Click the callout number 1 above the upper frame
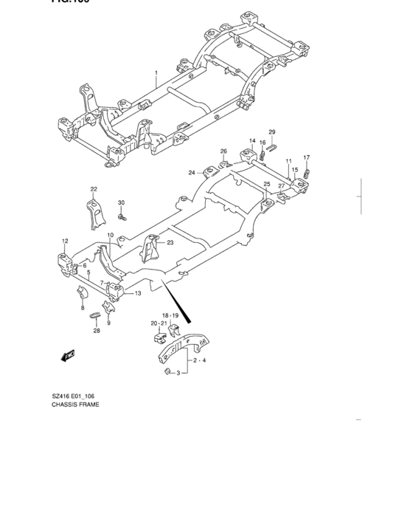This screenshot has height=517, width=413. (x=156, y=73)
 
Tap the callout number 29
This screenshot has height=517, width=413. (x=271, y=132)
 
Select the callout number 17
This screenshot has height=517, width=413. (x=307, y=158)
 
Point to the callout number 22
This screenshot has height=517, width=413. (x=94, y=189)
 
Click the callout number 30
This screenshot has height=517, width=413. (x=122, y=203)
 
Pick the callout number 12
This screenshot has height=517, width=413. (x=65, y=241)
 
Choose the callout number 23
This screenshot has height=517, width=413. (x=170, y=243)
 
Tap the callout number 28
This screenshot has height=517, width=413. (x=97, y=331)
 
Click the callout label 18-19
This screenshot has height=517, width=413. (x=170, y=315)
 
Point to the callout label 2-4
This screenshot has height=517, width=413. (x=199, y=360)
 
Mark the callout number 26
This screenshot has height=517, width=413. (x=223, y=151)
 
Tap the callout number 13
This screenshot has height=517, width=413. (x=136, y=293)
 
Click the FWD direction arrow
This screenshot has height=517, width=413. (x=69, y=356)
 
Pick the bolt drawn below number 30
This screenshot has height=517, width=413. (x=122, y=217)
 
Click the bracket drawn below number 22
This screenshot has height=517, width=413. (x=92, y=214)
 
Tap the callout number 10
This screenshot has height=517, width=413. (x=110, y=236)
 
